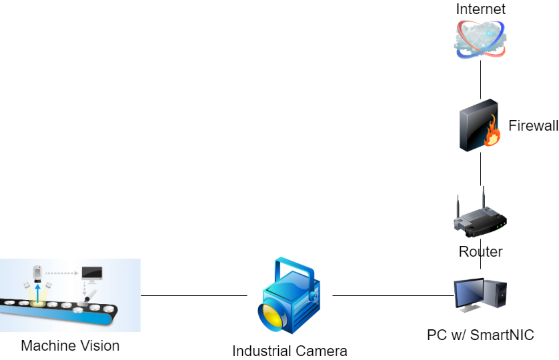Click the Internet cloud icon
point(480,39)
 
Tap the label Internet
point(480,9)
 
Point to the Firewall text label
point(533,125)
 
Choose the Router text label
point(480,252)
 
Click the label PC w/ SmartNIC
point(480,335)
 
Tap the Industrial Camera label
point(290,351)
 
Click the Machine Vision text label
point(70,345)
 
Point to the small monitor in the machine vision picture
point(92,273)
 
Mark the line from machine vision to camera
point(193,295)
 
